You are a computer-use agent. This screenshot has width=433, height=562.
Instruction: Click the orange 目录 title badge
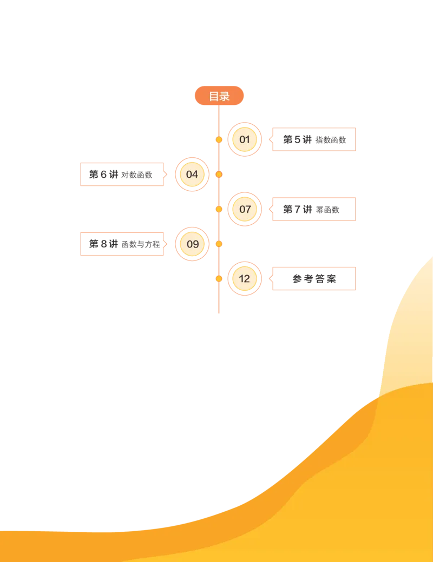point(219,96)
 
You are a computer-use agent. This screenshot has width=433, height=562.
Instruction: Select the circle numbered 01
point(245,139)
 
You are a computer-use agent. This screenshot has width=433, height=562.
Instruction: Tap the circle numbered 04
point(192,174)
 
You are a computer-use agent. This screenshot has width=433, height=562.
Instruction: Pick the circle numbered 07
point(245,209)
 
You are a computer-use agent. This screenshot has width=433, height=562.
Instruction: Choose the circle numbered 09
point(192,244)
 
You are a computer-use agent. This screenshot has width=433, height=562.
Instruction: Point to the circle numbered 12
point(245,278)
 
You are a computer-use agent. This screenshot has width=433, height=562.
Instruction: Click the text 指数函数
point(331,140)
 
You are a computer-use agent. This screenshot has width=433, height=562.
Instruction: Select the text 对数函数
point(137,175)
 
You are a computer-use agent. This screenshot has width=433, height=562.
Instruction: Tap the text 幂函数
point(327,209)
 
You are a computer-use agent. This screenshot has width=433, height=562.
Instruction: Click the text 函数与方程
point(141,244)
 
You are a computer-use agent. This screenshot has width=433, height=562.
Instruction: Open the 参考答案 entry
point(314,278)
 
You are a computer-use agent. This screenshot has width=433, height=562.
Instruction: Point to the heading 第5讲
point(297,139)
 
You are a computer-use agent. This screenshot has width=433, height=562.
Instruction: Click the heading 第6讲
point(103,174)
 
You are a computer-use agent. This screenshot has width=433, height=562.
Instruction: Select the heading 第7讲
point(297,209)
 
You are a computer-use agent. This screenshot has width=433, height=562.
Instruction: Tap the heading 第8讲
point(103,244)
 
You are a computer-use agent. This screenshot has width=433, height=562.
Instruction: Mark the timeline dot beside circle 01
point(219,139)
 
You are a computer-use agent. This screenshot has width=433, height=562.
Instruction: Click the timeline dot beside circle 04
point(219,174)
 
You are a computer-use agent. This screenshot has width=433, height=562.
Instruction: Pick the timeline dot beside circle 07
point(219,209)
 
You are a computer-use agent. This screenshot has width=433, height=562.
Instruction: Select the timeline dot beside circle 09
point(219,244)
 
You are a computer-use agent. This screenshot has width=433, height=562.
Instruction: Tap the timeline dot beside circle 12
point(219,278)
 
